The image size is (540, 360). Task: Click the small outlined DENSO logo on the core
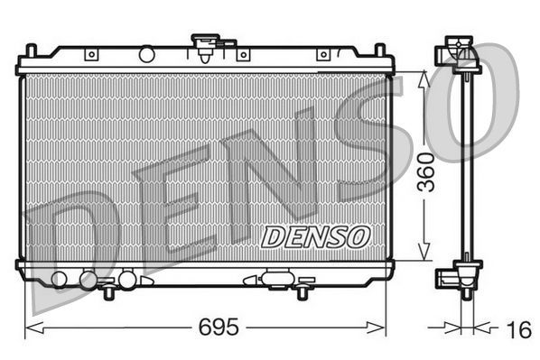tap(316, 236)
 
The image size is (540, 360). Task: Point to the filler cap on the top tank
tap(205, 44)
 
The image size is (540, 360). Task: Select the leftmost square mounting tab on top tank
tap(90, 55)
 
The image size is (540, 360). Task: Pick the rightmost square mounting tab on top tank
tap(322, 55)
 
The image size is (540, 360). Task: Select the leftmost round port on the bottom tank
tap(60, 278)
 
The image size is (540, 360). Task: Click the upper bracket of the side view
tap(461, 53)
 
